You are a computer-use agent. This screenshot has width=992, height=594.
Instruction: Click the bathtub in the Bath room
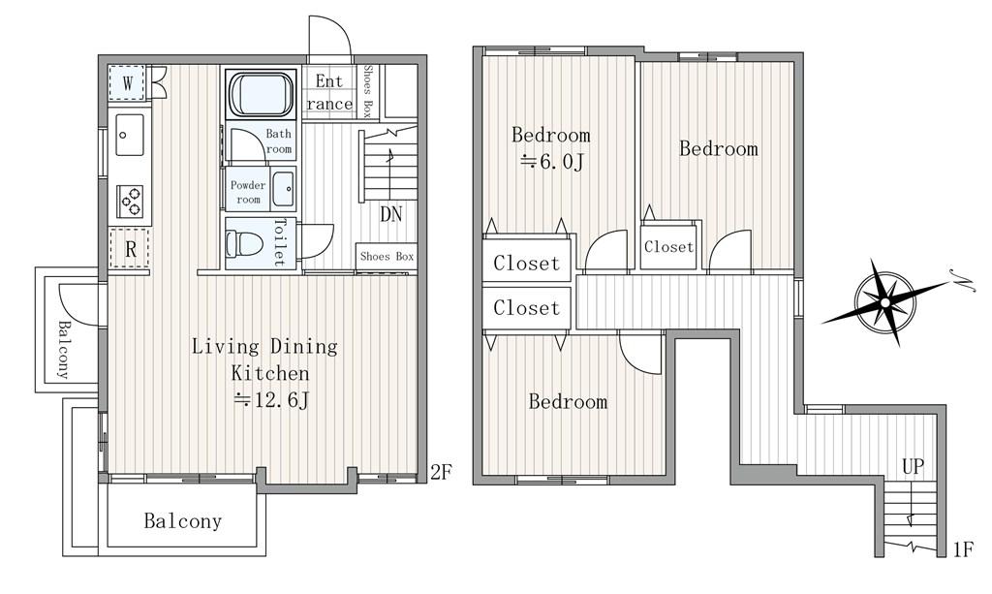pyautogui.click(x=262, y=94)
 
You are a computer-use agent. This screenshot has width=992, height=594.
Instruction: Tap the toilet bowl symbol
pyautogui.click(x=244, y=243)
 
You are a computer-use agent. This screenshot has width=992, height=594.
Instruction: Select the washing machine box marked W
pyautogui.click(x=128, y=82)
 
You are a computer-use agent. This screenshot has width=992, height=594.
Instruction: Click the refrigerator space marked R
pyautogui.click(x=129, y=249)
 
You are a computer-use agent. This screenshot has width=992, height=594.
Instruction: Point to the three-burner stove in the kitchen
pyautogui.click(x=130, y=201)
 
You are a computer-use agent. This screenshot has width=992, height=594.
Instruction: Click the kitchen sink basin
pyautogui.click(x=131, y=134)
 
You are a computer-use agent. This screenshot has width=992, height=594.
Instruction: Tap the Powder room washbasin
pyautogui.click(x=284, y=189)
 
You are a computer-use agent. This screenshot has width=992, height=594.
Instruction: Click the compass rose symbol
pyautogui.click(x=885, y=302)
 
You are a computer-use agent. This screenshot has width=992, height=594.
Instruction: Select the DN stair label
pyautogui.click(x=391, y=214)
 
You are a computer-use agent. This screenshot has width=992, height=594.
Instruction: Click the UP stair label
pyautogui.click(x=913, y=467)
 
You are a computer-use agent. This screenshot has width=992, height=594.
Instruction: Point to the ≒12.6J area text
pyautogui.click(x=271, y=400)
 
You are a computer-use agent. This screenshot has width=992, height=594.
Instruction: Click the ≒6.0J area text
pyautogui.click(x=550, y=163)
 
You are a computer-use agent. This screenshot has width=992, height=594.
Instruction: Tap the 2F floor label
pyautogui.click(x=441, y=471)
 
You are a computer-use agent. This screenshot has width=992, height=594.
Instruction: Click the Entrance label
pyautogui.click(x=329, y=92)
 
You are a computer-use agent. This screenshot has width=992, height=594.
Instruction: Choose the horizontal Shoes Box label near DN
pyautogui.click(x=387, y=256)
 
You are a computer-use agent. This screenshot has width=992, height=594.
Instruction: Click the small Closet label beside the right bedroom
pyautogui.click(x=668, y=247)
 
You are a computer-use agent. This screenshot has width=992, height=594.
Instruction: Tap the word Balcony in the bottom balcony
pyautogui.click(x=183, y=520)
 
